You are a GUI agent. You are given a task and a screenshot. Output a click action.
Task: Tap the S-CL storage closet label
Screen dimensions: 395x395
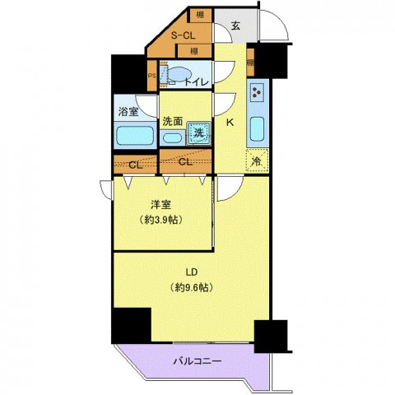click(x=183, y=35)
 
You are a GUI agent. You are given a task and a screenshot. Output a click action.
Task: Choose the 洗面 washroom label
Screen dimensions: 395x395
click(x=172, y=120)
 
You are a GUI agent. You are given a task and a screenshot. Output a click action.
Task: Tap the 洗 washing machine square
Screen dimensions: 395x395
click(x=198, y=132)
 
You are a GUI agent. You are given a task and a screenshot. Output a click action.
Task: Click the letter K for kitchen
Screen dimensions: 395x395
click(x=231, y=123)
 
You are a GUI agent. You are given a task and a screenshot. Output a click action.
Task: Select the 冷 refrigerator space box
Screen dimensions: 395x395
click(x=256, y=161)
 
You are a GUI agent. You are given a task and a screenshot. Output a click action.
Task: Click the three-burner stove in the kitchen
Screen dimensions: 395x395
click(x=257, y=93)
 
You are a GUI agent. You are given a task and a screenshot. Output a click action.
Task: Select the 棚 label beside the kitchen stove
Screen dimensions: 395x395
click(x=249, y=62)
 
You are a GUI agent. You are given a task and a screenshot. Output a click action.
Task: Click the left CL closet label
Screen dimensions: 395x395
click(x=135, y=164)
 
